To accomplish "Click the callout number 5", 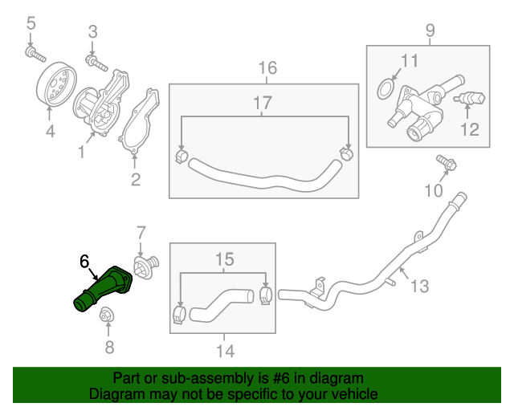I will click(x=31, y=23).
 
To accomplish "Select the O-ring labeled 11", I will click(x=387, y=86).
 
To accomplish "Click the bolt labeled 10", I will click(x=447, y=164).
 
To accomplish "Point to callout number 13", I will click(x=421, y=285).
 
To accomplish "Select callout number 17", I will click(x=263, y=103).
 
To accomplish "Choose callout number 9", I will click(x=430, y=31).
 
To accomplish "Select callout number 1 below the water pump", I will click(x=81, y=151).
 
